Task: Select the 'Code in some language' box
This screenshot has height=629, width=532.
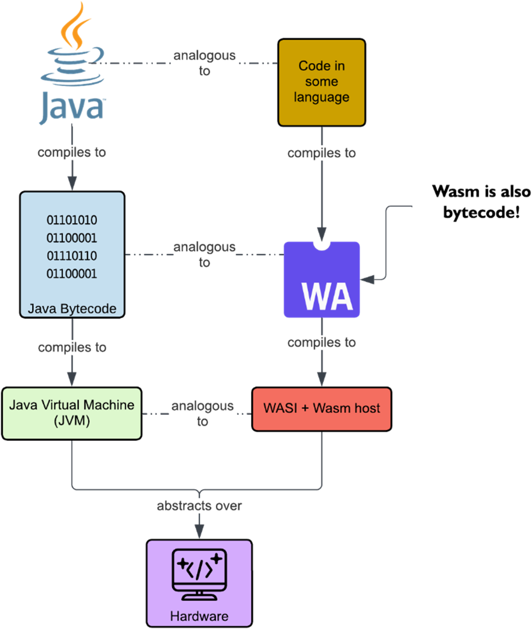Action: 322,82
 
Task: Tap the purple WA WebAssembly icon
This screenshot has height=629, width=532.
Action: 322,280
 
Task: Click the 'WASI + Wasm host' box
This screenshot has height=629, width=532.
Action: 322,409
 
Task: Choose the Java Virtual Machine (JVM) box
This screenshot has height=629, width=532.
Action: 72,413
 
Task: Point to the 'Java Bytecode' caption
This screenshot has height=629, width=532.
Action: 72,308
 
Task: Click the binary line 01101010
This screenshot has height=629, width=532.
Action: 72,220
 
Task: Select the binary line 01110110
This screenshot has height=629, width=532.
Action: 72,256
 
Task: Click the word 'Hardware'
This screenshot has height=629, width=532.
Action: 199,616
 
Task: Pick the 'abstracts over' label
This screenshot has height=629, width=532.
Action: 199,506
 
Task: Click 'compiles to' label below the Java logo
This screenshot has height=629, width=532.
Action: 72,152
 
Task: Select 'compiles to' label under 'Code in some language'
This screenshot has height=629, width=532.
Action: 322,153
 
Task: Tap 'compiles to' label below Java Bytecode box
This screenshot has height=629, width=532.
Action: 72,347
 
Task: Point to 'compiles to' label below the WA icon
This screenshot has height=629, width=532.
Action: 322,342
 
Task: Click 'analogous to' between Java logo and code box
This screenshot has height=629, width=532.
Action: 205,63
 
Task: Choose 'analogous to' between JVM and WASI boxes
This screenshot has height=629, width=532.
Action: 202,413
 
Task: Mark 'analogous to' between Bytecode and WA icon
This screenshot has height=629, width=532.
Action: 205,254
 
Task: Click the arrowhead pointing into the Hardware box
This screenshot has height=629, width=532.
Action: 199,532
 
